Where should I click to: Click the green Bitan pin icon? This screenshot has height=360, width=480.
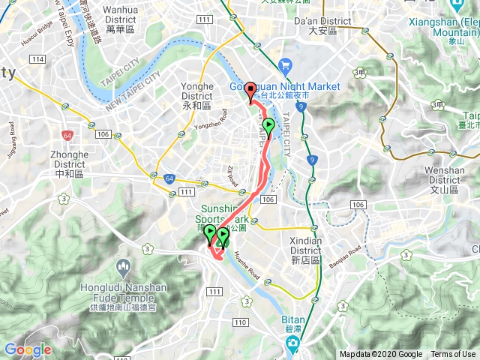pos(293,344)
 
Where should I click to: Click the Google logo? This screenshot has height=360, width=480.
pos(28,349)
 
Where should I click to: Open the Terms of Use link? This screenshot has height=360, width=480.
pos(453,355)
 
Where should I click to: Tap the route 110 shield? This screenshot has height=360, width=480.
pos(240,322)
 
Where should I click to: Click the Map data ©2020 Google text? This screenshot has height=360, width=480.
pos(380,355)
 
